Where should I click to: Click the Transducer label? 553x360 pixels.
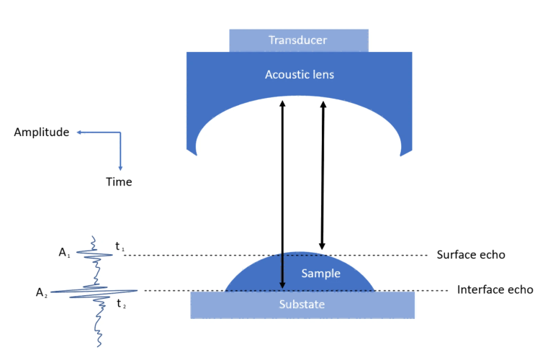[298, 40]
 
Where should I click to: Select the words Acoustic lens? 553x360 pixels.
[299, 74]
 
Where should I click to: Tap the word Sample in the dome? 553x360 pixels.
[320, 274]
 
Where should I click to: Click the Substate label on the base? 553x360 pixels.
[302, 305]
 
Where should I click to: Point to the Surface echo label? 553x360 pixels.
[471, 255]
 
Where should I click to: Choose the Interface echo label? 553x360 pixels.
[495, 290]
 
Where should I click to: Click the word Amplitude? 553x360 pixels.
[41, 132]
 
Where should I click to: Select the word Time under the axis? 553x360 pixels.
[119, 182]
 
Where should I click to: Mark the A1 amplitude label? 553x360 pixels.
[66, 253]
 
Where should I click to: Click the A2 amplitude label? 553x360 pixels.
[42, 292]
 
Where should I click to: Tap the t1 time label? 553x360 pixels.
[120, 246]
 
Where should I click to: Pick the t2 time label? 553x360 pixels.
[122, 304]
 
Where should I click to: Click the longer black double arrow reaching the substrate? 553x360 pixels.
[282, 194]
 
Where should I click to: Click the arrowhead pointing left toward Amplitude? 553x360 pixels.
[80, 132]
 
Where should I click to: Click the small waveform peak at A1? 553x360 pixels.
[81, 253]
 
